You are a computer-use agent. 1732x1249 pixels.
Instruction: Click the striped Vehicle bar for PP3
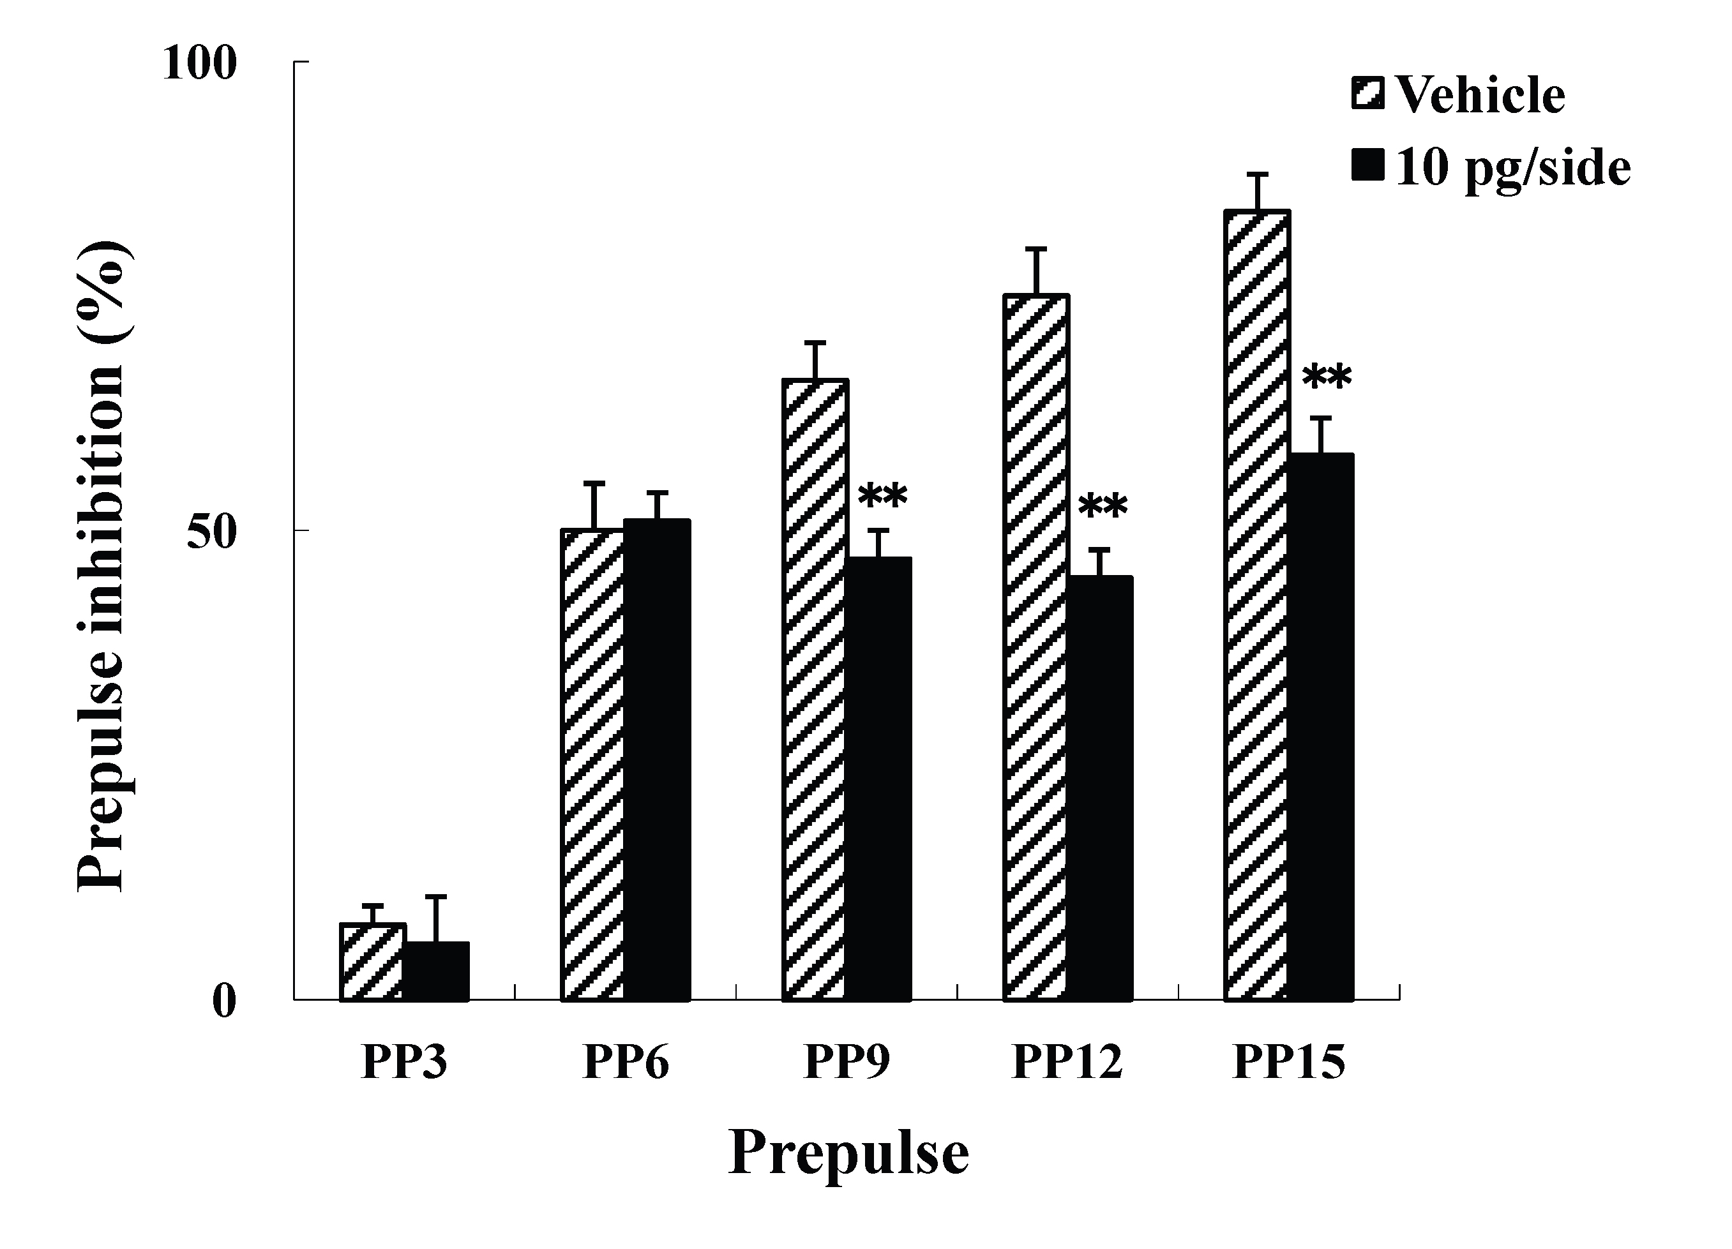[x=372, y=962]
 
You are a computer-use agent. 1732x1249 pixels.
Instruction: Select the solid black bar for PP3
[x=436, y=971]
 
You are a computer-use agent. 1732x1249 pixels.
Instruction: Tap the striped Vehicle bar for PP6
[x=593, y=763]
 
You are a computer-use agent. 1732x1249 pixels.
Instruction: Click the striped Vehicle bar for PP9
[x=815, y=687]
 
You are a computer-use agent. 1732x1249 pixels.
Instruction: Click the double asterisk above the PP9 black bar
[x=882, y=497]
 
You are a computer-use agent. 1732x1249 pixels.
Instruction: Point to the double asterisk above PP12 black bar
[x=1102, y=507]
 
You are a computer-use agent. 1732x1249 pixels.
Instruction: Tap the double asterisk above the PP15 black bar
[x=1327, y=377]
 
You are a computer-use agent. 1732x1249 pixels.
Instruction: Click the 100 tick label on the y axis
[x=199, y=63]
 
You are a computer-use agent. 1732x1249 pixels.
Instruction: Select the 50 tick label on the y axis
[x=211, y=532]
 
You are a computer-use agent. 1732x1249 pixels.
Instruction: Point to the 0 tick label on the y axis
[x=223, y=1001]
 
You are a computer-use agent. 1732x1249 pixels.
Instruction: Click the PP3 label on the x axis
[x=404, y=1062]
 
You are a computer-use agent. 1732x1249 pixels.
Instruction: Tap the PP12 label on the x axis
[x=1067, y=1062]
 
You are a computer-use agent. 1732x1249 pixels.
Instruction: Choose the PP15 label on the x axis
[x=1289, y=1062]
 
